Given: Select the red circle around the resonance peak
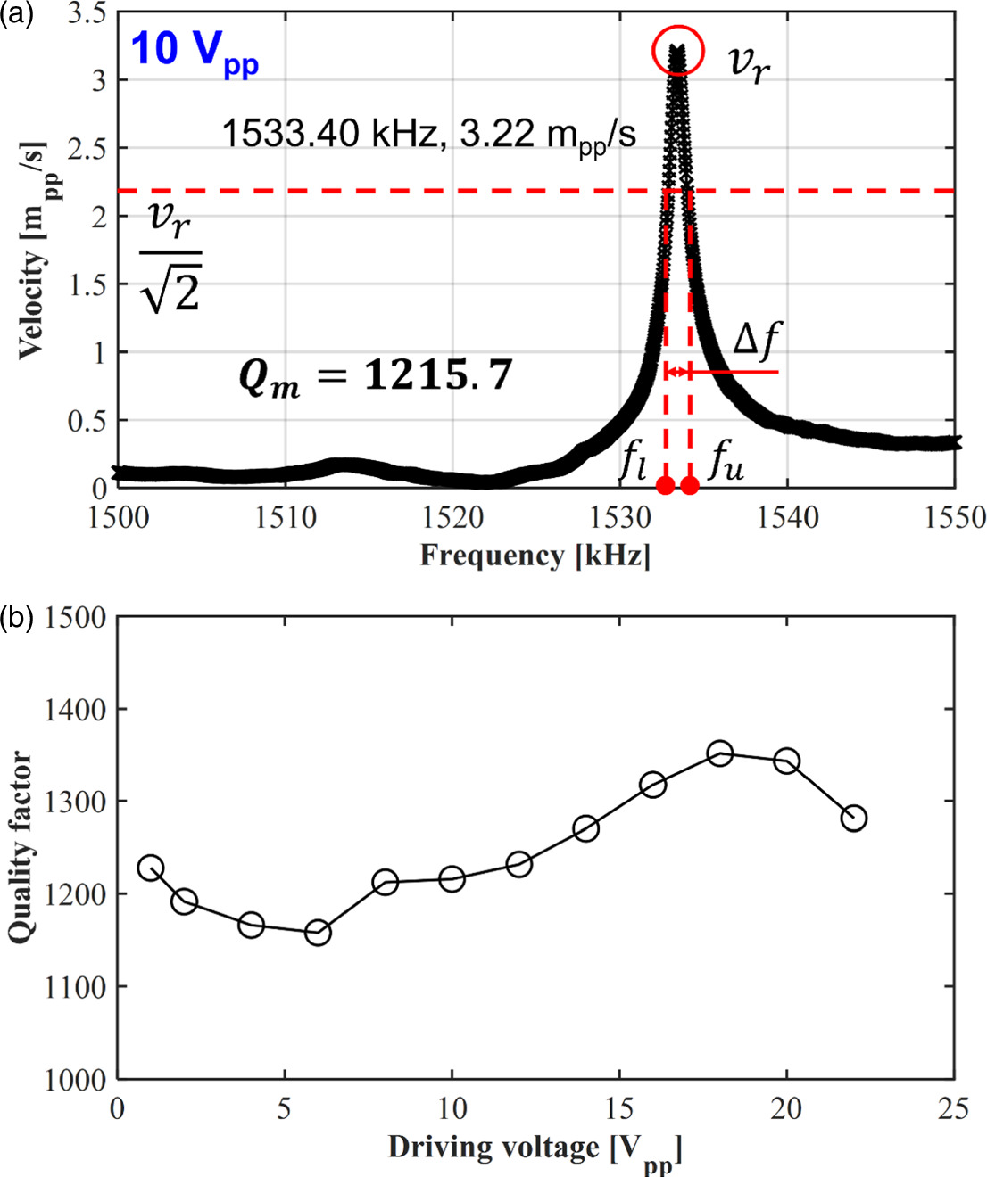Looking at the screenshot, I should coord(678,51).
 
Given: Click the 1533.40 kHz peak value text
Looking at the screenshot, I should coord(428,135).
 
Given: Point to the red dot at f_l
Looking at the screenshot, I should coord(665,485).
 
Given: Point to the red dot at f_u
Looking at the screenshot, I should coord(690,485).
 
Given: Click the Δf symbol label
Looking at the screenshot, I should coord(756,341).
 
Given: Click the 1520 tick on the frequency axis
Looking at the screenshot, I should coord(452,518).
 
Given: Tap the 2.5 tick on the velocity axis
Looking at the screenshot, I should coord(87,149).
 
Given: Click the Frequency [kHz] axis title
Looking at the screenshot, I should coord(535,556).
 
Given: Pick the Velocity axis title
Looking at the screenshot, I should coord(33,250).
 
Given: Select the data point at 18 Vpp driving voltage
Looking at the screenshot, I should coord(720,753).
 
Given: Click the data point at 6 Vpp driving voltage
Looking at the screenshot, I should coord(318,934).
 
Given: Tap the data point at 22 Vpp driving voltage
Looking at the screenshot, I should coord(854,818).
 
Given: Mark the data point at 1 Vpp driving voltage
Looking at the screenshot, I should coord(151,868).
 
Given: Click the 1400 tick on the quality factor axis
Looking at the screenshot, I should coord(75,710).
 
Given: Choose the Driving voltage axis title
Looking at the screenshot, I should coord(535,1149).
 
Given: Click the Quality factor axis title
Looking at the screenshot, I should coord(21,847).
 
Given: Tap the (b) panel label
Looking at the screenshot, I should coord(16,617).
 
